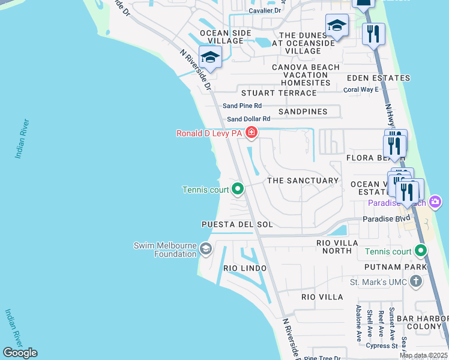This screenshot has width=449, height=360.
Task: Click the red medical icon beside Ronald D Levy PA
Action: tap(251, 133)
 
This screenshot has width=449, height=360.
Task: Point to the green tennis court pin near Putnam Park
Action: tap(421, 251)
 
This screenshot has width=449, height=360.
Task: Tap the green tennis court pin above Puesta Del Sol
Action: tap(238, 190)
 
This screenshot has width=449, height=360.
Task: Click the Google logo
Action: tap(20, 353)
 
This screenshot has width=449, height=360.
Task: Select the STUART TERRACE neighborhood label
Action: tap(279, 93)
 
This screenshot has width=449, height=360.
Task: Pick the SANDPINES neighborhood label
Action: tap(303, 112)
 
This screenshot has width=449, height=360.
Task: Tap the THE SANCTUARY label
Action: tap(303, 181)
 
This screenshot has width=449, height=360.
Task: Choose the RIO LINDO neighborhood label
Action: tap(244, 268)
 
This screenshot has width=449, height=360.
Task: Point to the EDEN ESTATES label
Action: tap(377, 78)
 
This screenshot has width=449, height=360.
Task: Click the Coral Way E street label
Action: tap(361, 90)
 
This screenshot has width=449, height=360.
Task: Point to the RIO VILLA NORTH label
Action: tap(337, 247)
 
